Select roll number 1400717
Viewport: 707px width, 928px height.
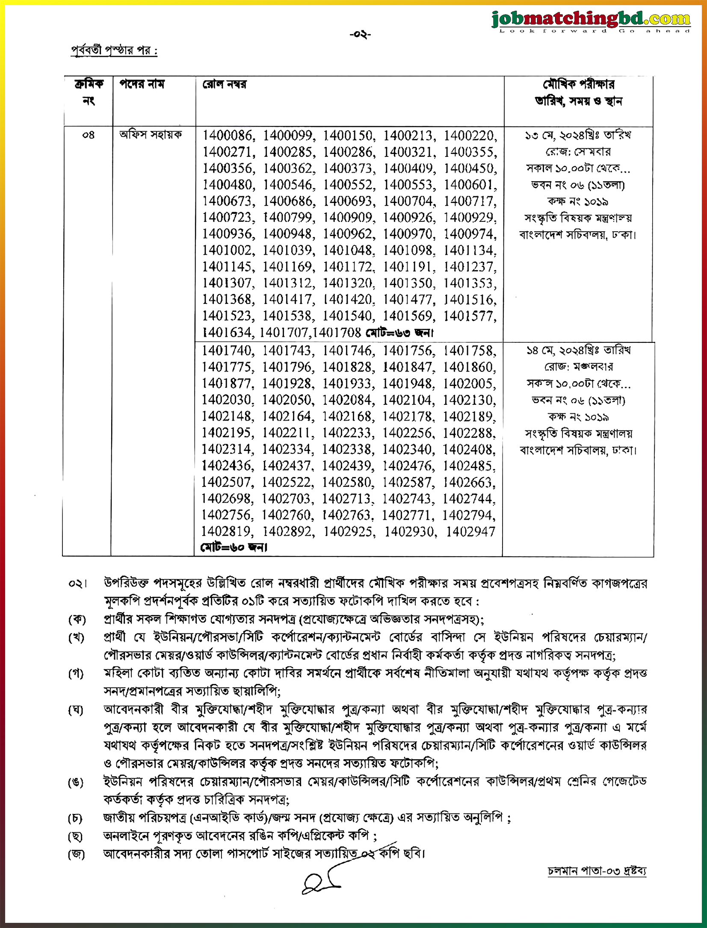coord(470,201)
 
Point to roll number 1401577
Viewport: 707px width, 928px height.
coord(470,316)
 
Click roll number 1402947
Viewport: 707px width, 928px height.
coord(470,531)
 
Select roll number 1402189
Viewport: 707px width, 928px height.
coord(469,416)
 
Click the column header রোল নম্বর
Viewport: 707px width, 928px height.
coord(224,84)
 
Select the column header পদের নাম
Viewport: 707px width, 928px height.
coord(142,84)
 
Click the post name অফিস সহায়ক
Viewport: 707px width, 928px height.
coord(151,135)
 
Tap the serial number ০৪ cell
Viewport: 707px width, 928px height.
coord(88,136)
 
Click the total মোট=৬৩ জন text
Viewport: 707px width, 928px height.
coord(399,333)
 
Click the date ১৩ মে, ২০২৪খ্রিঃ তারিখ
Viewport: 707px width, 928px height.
coord(578,136)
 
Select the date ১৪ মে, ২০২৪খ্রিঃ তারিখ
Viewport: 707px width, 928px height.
coord(578,351)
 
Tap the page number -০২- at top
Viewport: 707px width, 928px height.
coord(360,35)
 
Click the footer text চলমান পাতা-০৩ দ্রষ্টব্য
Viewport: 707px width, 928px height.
coord(597,871)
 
